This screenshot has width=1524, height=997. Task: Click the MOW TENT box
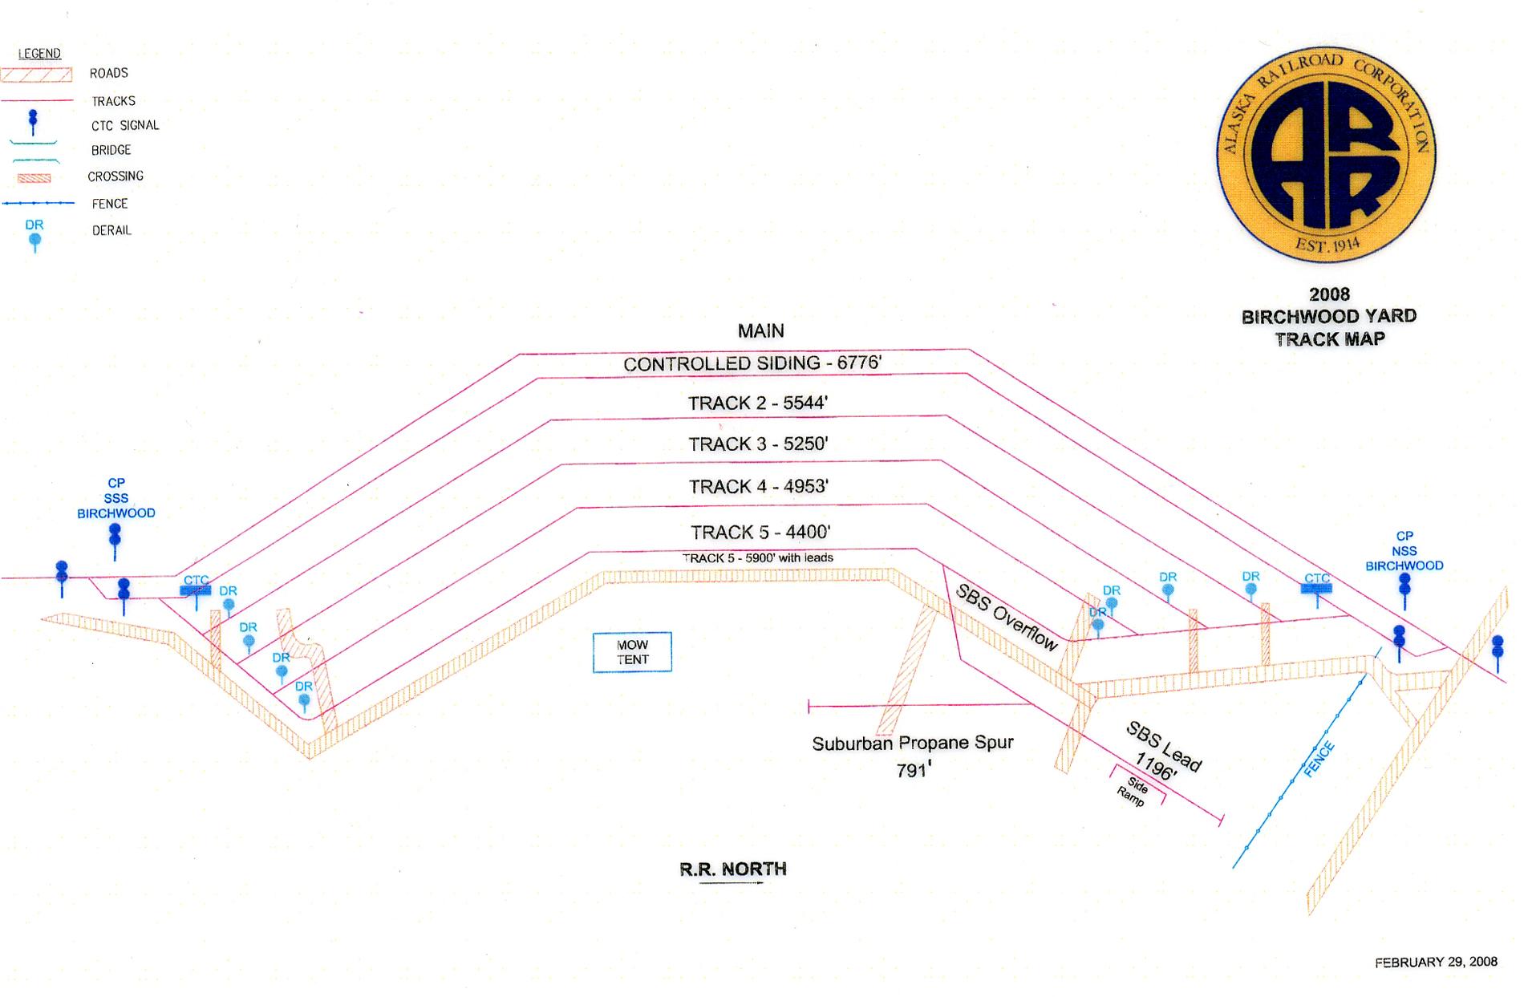point(632,652)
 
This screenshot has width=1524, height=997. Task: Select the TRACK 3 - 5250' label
point(758,444)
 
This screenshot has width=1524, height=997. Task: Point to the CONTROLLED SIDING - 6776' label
point(752,363)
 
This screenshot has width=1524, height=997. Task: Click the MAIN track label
point(760,330)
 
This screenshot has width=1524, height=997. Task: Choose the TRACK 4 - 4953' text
point(758,487)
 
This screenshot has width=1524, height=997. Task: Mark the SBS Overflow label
point(1007,616)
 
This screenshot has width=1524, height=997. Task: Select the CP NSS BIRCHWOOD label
point(1404,551)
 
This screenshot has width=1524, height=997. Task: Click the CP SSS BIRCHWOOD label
point(116,498)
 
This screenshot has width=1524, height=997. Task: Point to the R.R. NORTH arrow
point(732,883)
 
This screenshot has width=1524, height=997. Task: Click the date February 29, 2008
point(1436,962)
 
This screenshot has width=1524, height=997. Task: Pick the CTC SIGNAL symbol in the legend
point(33,122)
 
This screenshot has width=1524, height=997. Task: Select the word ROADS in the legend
point(109,73)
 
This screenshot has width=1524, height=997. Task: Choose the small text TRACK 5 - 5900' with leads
point(758,557)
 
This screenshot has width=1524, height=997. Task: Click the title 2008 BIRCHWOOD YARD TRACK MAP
point(1329,317)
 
